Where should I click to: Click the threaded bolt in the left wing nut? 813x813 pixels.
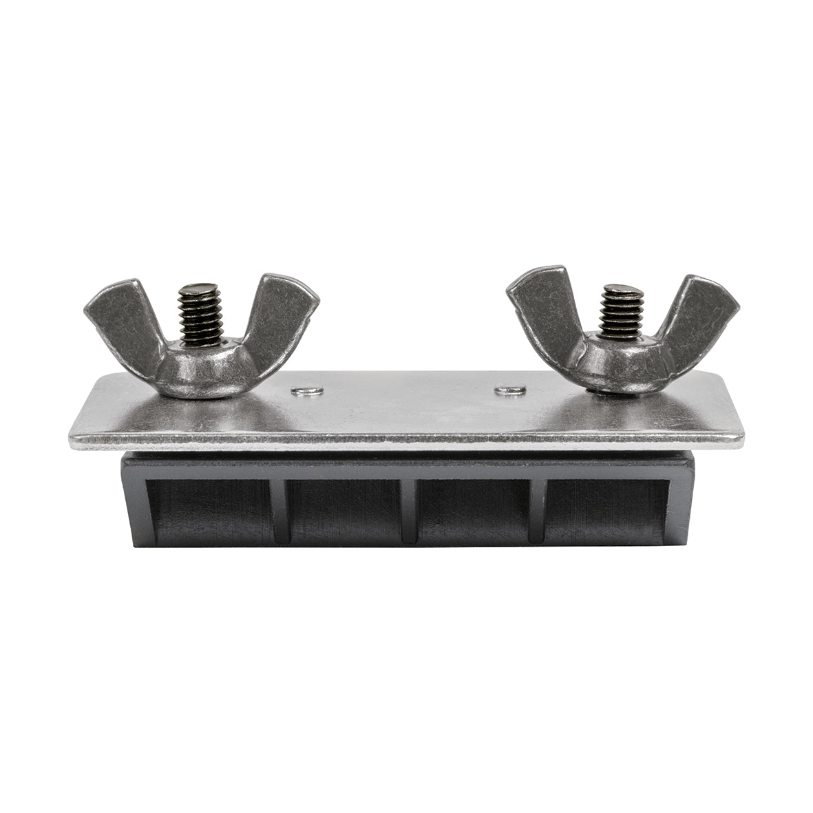(x=200, y=314)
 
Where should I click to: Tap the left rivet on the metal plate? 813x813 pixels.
(x=307, y=392)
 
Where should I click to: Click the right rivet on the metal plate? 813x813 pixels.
(x=510, y=391)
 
